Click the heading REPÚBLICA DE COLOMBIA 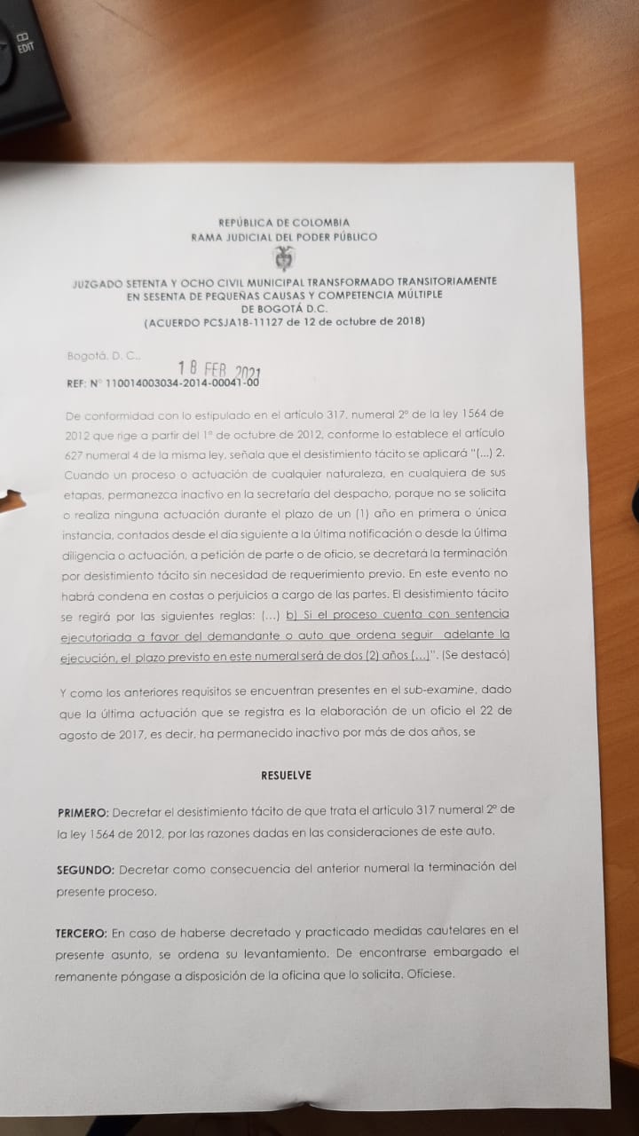tap(283, 222)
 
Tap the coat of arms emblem tap(284, 258)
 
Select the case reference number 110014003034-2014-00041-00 tap(182, 384)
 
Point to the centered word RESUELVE tap(286, 775)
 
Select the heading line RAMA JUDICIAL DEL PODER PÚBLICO tap(283, 237)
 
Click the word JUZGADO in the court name tap(97, 281)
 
